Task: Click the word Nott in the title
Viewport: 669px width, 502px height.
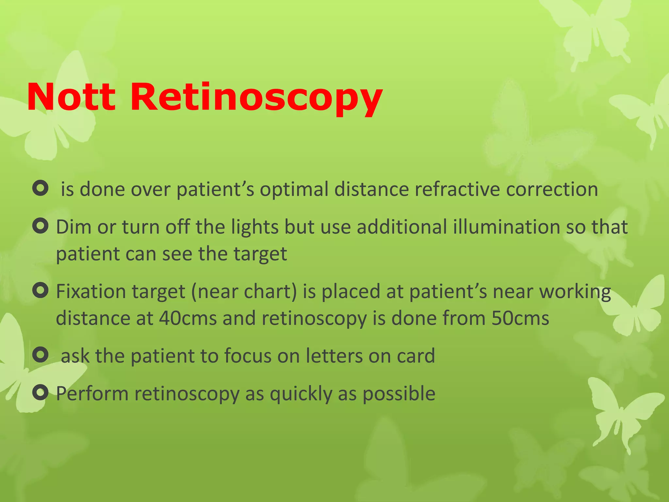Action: point(71,97)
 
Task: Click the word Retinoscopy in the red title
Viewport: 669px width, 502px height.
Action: point(256,98)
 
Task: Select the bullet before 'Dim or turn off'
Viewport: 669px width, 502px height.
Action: point(41,226)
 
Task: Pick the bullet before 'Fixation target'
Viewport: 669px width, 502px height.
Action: point(41,290)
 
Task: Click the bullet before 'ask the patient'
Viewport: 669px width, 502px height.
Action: point(41,355)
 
